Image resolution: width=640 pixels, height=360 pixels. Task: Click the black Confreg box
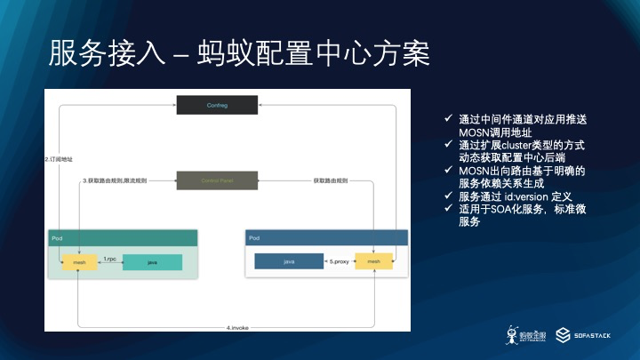[216, 106]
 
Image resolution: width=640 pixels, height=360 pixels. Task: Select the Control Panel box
[216, 180]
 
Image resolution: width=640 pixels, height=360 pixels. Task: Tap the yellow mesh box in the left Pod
[78, 262]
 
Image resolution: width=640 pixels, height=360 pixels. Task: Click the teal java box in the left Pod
[152, 263]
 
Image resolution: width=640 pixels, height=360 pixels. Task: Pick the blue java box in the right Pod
[289, 261]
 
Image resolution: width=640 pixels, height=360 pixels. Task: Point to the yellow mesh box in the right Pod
[373, 261]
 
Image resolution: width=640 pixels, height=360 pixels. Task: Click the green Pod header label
[56, 238]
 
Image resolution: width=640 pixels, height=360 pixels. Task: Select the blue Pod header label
[255, 238]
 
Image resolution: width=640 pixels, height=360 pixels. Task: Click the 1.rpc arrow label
[109, 259]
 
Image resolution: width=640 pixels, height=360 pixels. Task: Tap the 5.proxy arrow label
[339, 261]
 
